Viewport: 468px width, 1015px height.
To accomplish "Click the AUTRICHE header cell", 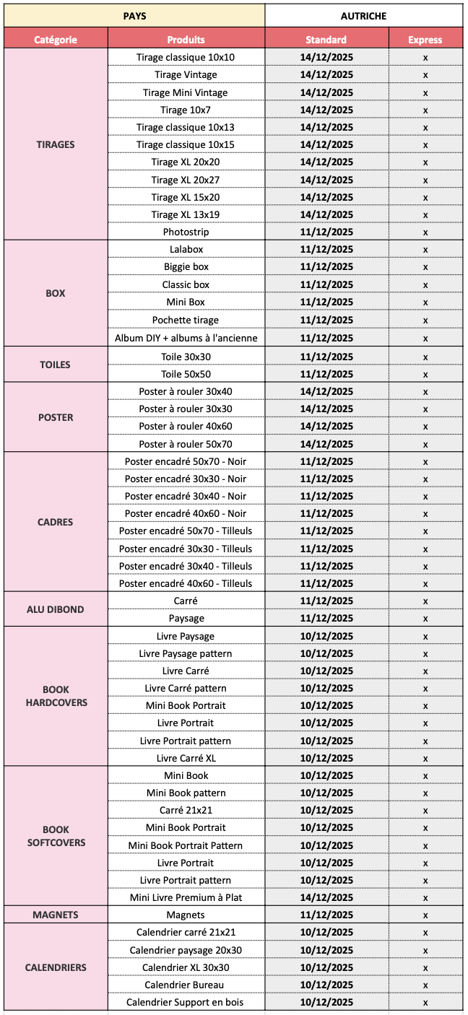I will coord(363,16).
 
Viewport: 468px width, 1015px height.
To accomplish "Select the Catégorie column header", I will coord(56,40).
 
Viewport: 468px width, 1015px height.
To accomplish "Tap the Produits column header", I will coord(186,40).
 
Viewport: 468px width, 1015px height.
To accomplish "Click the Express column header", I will coord(425,40).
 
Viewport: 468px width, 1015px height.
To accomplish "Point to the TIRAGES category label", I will coord(56,144).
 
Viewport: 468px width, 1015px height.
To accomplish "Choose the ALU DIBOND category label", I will coord(56,609).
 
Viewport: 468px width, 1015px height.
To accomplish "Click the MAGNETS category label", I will coord(56,915).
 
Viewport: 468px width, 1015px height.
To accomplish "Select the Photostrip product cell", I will coord(186,232).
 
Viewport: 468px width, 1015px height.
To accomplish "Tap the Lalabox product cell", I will coord(186,249).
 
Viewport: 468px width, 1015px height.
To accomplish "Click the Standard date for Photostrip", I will coord(326,232).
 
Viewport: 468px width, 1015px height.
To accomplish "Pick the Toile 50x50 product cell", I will coord(186,374).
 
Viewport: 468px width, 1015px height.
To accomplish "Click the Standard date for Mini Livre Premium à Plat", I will coord(326,897).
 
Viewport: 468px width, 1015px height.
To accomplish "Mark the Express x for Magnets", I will coord(425,915).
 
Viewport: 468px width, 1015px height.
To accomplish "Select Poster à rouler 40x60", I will coord(186,426).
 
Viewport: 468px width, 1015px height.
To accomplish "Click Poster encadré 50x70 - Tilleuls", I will coord(186,531).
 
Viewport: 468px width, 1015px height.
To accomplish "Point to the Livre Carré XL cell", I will coord(186,758).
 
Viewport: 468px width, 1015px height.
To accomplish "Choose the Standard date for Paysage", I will coord(326,618).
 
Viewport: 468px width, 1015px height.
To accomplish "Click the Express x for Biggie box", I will coord(425,267).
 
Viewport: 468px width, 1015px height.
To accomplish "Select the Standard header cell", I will coord(326,40).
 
